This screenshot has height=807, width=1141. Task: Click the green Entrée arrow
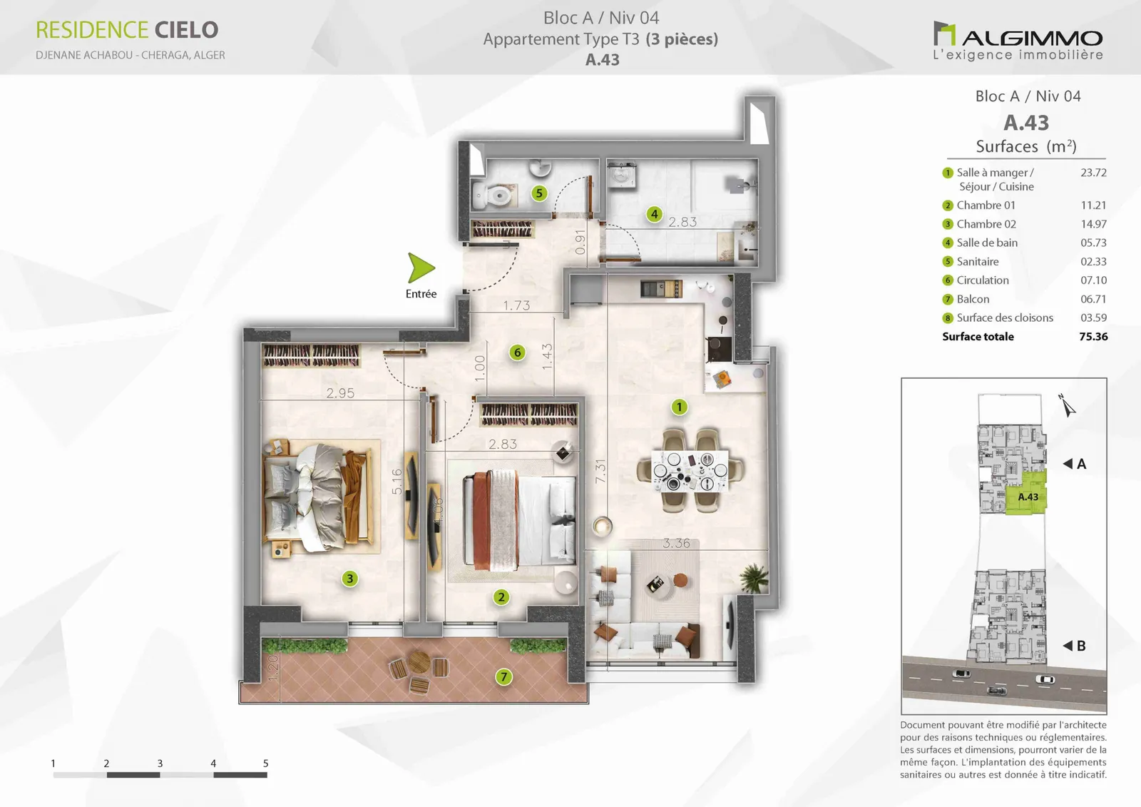(x=420, y=268)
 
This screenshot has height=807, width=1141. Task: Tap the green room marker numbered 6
(x=518, y=352)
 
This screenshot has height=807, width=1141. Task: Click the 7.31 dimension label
(x=600, y=471)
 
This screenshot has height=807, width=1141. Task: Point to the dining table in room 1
(x=690, y=470)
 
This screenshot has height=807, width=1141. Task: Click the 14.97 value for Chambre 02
(x=1094, y=224)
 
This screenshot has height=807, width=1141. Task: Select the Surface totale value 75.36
(x=1094, y=337)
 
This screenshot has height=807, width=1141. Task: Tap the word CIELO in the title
(x=186, y=30)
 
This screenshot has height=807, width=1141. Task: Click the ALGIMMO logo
(x=1018, y=41)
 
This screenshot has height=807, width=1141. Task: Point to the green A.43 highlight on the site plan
(x=1026, y=493)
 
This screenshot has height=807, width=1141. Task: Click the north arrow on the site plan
(x=1066, y=406)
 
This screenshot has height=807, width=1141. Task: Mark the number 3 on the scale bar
(x=160, y=763)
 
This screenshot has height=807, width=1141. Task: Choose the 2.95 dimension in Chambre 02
(x=340, y=393)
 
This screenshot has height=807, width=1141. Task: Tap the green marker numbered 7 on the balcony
(x=503, y=677)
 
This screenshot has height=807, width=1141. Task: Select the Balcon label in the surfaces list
(x=973, y=299)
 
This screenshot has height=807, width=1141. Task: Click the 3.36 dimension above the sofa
(x=677, y=544)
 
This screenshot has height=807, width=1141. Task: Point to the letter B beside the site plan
(x=1081, y=646)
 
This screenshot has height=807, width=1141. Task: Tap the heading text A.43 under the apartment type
(x=603, y=60)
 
